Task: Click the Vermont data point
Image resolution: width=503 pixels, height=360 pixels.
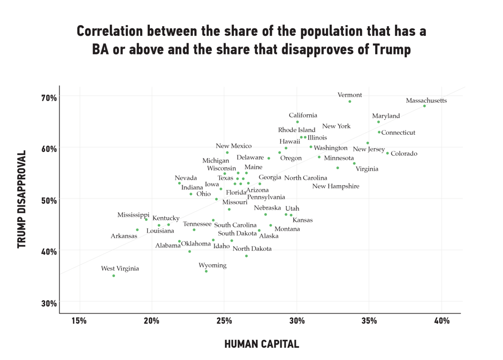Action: pyautogui.click(x=350, y=102)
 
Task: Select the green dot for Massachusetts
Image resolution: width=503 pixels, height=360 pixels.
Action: pyautogui.click(x=425, y=106)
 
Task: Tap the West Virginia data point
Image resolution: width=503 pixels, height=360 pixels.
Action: pyautogui.click(x=114, y=276)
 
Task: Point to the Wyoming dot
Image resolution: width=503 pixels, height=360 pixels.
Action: pyautogui.click(x=207, y=271)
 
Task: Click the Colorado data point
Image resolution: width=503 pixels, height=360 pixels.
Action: pyautogui.click(x=388, y=153)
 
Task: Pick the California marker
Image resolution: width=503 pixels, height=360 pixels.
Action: pyautogui.click(x=298, y=122)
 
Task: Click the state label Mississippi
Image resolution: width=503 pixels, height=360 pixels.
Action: pyautogui.click(x=133, y=215)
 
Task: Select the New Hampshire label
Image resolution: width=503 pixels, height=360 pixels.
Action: pyautogui.click(x=336, y=187)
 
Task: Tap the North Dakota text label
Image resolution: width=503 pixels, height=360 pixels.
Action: pyautogui.click(x=252, y=249)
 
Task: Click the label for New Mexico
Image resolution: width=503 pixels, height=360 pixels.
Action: pyautogui.click(x=233, y=146)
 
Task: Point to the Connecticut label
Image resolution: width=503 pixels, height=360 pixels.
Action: pyautogui.click(x=398, y=133)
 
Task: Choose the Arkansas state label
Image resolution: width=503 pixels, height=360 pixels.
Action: pyautogui.click(x=124, y=236)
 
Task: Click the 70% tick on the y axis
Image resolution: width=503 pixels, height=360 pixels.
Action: pyautogui.click(x=48, y=97)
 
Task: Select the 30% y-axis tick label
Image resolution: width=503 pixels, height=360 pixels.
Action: pyautogui.click(x=48, y=303)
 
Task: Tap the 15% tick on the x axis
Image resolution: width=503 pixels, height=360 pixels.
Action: pyautogui.click(x=79, y=321)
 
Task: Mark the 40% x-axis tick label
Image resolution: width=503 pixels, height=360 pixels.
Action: pyautogui.click(x=441, y=321)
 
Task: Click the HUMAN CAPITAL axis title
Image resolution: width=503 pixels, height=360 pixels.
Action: pyautogui.click(x=261, y=344)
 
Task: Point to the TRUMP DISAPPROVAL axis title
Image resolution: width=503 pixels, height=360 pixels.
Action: pyautogui.click(x=21, y=199)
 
